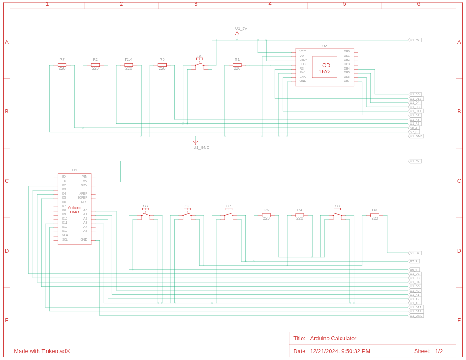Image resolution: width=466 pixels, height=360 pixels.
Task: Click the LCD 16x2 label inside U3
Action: coord(324,68)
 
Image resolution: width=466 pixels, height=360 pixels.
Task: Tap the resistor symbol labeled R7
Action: coord(62,65)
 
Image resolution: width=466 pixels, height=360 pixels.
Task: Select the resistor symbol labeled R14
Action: coord(129,65)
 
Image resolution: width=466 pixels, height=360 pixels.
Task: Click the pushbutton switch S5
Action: coord(199,64)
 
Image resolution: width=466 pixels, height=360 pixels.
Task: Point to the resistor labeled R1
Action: coord(237,65)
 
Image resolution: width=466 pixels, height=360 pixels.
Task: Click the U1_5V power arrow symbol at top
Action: coord(237,34)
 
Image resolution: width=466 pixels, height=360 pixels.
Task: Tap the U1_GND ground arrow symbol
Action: coord(195,142)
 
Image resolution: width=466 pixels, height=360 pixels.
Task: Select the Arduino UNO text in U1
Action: coord(74,210)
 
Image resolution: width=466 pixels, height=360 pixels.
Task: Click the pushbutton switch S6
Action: coord(146,214)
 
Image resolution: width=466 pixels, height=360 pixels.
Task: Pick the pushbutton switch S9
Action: coord(187,214)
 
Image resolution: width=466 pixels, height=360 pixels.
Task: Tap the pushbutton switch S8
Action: coord(337,214)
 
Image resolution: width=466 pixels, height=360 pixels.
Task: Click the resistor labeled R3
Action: coord(375,215)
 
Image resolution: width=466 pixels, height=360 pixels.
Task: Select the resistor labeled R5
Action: coord(266,215)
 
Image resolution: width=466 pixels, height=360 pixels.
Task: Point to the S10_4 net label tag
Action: coord(414,253)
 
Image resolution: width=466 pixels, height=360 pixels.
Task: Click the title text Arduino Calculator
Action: coord(333,338)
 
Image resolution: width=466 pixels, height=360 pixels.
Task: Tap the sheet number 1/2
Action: coord(439,351)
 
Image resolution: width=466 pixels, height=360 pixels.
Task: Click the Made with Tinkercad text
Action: coord(42,351)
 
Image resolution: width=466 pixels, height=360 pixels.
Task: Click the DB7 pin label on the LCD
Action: coord(347,80)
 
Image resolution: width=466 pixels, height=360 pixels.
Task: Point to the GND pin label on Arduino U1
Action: coord(84,239)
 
